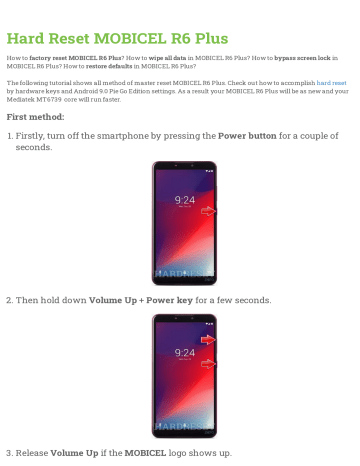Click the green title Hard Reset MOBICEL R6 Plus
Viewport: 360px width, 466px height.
(117, 39)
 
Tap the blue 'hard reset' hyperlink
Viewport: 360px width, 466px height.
(332, 82)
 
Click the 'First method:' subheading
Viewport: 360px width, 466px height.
(38, 116)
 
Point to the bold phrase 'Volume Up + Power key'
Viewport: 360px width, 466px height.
(143, 299)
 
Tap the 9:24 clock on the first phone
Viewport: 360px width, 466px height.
(185, 201)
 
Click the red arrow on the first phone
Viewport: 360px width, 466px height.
(208, 212)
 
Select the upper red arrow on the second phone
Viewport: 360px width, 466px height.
(208, 340)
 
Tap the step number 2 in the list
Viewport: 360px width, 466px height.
(9, 299)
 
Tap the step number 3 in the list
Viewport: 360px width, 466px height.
(9, 453)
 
